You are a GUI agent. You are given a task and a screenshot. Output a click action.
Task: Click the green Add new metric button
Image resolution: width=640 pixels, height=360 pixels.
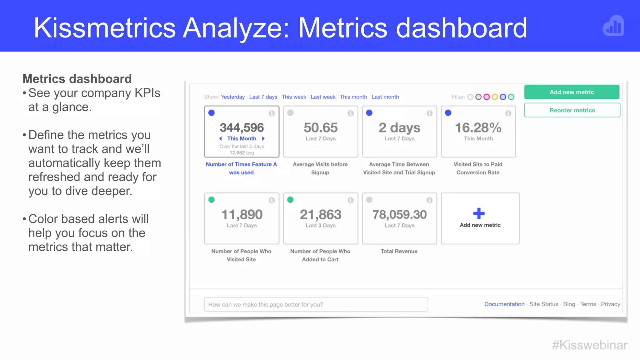(x=572, y=92)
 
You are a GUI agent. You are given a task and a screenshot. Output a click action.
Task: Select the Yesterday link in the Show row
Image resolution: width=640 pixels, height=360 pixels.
(x=233, y=97)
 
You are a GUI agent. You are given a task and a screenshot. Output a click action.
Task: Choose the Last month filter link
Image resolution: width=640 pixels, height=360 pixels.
(x=385, y=97)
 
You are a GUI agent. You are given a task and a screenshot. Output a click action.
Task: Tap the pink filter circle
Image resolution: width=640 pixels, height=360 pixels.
(x=487, y=97)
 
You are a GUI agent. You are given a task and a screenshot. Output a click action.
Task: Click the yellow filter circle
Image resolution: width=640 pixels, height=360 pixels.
(x=495, y=97)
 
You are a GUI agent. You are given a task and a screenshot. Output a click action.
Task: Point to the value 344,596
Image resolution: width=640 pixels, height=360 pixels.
(x=242, y=127)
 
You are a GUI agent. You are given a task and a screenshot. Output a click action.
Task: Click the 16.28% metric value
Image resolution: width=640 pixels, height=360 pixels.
(x=478, y=127)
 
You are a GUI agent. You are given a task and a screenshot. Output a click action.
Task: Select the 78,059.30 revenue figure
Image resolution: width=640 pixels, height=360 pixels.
(x=399, y=214)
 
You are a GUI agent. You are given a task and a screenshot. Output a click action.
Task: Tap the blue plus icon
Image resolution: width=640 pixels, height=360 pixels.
(x=479, y=214)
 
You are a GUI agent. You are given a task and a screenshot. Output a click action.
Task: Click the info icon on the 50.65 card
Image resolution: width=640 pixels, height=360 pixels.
(x=351, y=113)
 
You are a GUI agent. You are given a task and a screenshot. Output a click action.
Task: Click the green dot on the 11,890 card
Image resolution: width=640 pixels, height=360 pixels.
(x=212, y=200)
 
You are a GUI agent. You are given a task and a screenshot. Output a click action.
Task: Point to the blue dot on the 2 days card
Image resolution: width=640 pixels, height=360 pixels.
(x=369, y=113)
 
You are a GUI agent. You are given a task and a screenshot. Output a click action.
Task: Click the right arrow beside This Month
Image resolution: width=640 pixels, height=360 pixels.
(x=263, y=138)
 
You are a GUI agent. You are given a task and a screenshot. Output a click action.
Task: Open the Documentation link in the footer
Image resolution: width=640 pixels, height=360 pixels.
(x=504, y=304)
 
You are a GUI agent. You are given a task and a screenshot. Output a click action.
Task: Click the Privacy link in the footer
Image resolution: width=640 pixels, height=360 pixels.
(x=610, y=304)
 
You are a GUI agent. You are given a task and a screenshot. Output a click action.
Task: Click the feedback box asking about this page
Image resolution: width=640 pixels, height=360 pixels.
(x=316, y=304)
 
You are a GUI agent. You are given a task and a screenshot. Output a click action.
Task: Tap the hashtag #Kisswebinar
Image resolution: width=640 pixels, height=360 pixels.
(x=590, y=345)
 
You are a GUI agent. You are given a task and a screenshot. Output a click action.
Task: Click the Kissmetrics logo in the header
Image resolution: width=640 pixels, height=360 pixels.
(x=613, y=26)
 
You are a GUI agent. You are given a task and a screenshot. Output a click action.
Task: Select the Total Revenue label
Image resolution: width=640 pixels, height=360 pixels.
(x=399, y=251)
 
